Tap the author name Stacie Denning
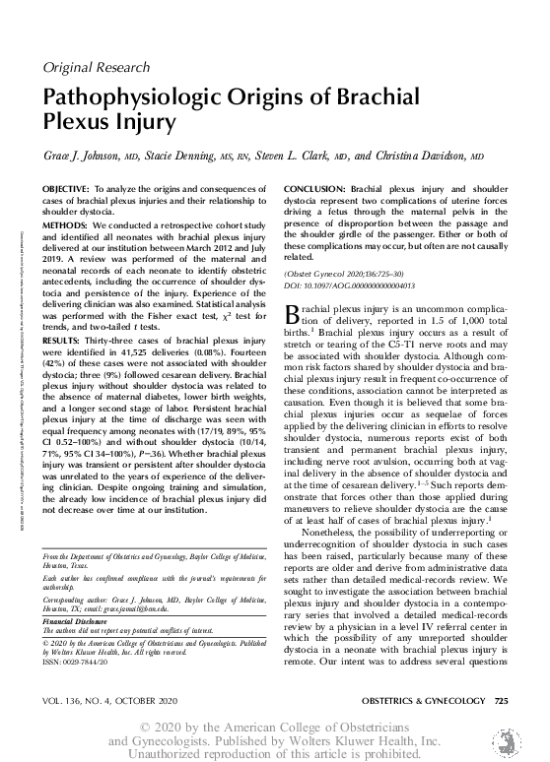186,157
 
